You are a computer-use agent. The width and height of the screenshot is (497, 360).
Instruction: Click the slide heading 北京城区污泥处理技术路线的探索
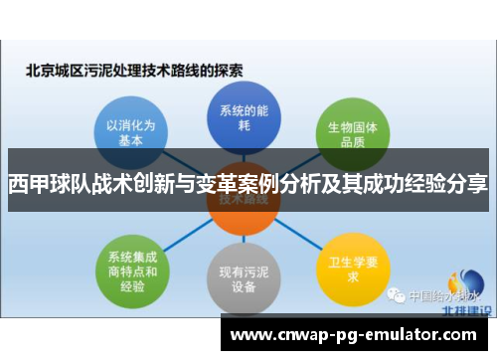[x=134, y=71]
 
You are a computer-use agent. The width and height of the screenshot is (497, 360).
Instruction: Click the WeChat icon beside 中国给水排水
[x=397, y=295]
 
